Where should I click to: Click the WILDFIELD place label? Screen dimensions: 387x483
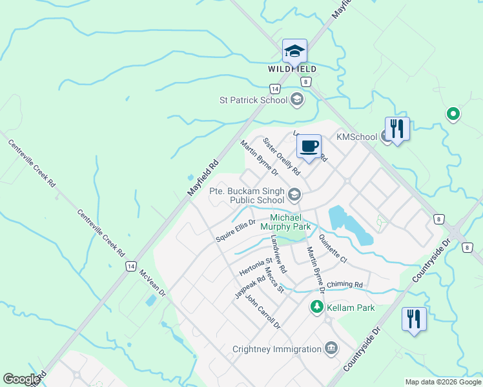293,69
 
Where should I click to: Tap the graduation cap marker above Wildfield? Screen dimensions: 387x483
294,51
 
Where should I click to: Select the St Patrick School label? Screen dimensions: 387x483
253,100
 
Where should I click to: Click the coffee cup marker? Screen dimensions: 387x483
310,146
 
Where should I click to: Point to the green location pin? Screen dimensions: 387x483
453,114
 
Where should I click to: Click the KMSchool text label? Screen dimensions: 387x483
357,137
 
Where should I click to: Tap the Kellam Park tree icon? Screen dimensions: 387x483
317,306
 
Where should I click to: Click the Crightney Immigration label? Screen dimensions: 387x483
277,350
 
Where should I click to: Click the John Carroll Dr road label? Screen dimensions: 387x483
258,311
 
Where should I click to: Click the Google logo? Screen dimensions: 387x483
21,379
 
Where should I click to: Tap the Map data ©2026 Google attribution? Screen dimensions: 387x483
442,382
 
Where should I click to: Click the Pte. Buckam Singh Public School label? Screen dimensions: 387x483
247,195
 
